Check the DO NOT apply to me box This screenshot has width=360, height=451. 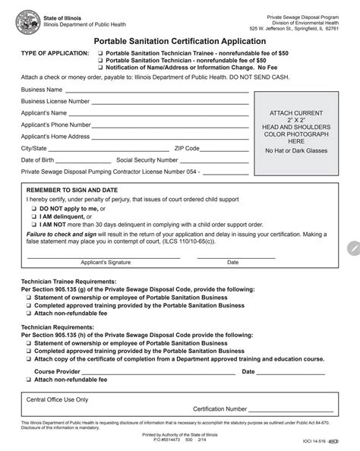point(33,207)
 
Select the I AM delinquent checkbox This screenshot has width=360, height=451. point(33,216)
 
